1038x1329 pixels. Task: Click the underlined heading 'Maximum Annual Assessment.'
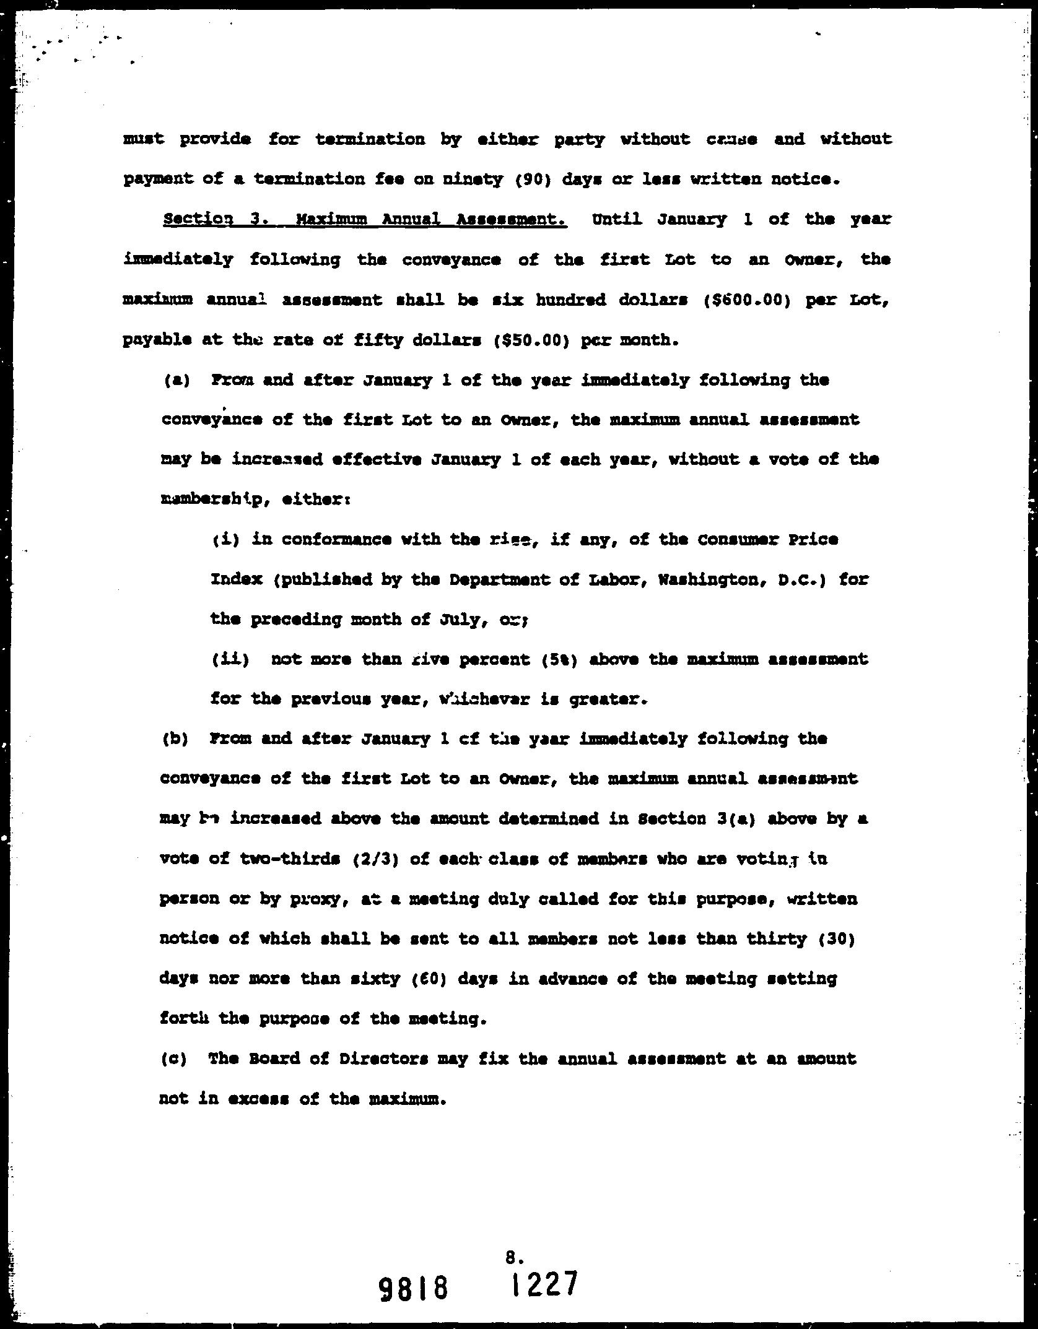[x=432, y=219]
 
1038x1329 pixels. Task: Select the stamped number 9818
[x=412, y=1290]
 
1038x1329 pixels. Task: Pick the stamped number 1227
[x=544, y=1285]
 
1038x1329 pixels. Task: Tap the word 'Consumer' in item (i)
[x=741, y=540]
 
